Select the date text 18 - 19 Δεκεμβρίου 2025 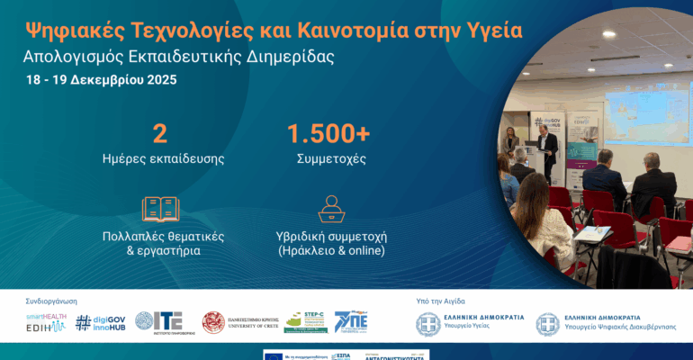click(x=101, y=79)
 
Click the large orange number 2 click(x=160, y=134)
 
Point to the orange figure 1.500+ click(x=328, y=134)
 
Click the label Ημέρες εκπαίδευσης click(x=162, y=159)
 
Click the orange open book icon click(x=161, y=209)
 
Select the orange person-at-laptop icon click(x=329, y=209)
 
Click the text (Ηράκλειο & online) click(x=330, y=250)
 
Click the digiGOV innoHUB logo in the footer click(x=100, y=322)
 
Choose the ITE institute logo click(x=159, y=322)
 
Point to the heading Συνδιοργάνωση click(x=51, y=301)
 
